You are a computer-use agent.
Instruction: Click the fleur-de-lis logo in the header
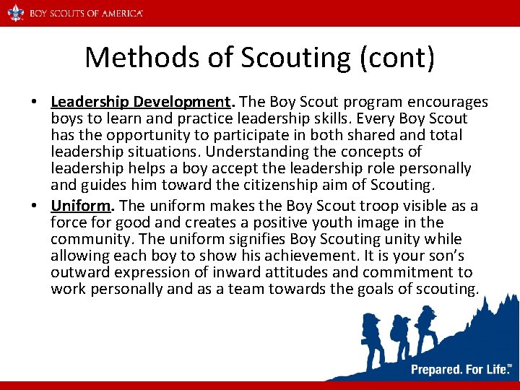click(x=14, y=13)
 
